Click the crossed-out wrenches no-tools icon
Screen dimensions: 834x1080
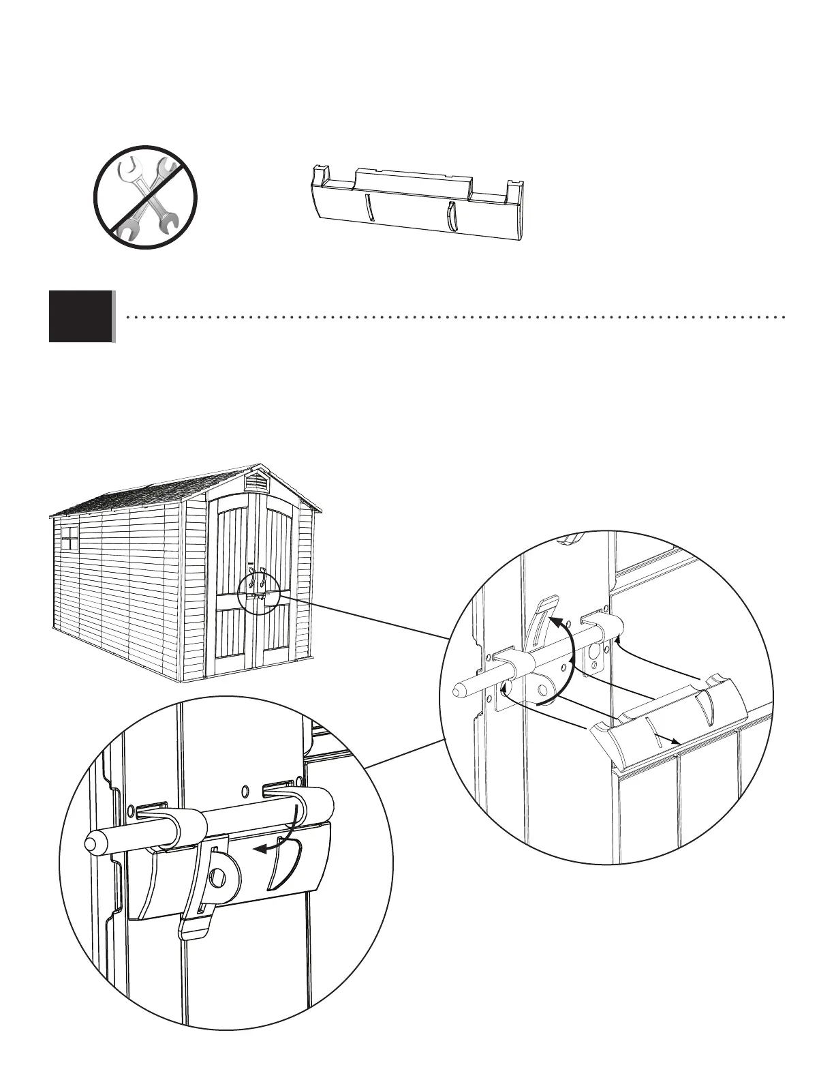(145, 197)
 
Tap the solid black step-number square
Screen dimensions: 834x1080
(80, 316)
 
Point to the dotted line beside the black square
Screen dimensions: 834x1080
(457, 317)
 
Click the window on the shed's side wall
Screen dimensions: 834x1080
(70, 538)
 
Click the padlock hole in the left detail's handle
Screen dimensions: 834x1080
(219, 877)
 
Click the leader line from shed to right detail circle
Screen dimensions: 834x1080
(361, 616)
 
